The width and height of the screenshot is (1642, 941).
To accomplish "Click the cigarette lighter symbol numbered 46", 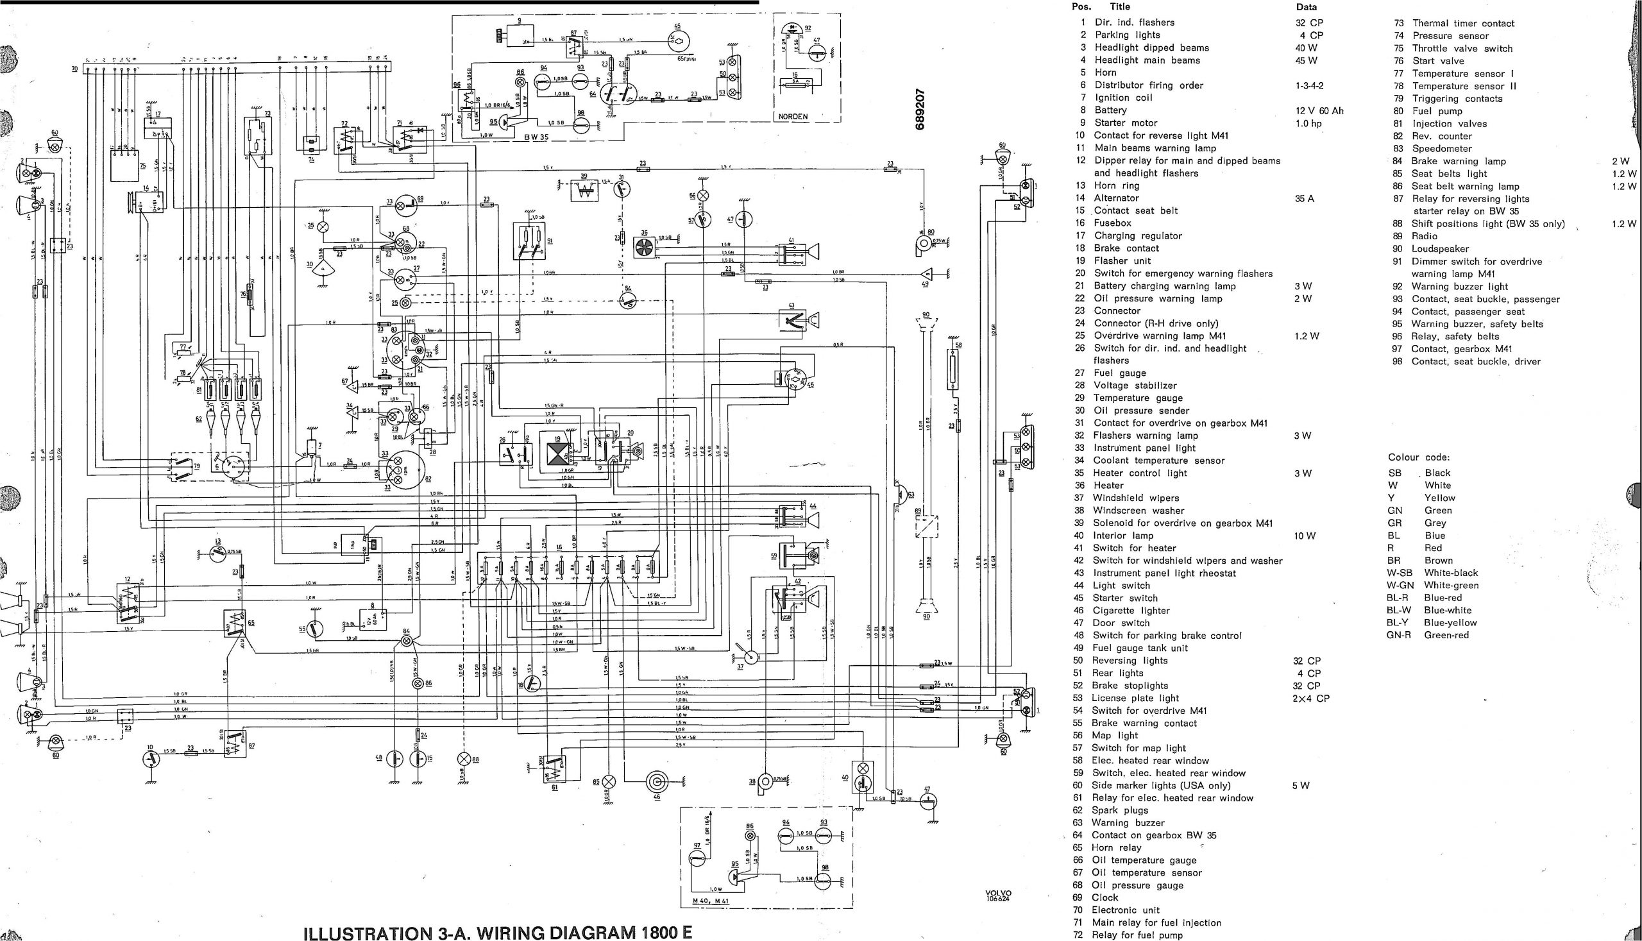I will (657, 782).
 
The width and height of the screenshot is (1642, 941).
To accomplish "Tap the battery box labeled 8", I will (373, 618).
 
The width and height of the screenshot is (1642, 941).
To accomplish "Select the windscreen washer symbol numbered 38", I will (765, 782).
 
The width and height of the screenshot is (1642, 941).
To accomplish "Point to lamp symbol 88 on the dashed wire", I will (464, 759).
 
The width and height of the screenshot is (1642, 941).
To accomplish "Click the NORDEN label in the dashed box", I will (792, 117).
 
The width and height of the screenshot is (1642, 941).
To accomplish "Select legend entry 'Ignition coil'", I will (1123, 97).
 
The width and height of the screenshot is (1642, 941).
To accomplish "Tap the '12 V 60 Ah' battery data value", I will (1319, 110).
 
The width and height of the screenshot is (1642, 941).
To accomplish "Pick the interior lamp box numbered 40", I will (862, 776).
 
